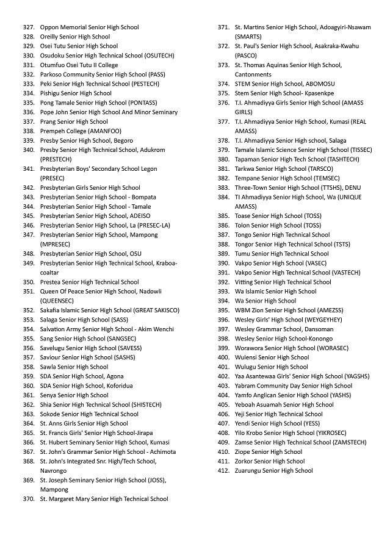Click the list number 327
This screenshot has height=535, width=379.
click(28, 27)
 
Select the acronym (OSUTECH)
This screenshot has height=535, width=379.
click(159, 56)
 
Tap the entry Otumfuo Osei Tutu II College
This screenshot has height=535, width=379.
click(79, 65)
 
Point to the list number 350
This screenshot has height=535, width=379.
click(28, 282)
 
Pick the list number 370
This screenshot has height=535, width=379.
click(28, 499)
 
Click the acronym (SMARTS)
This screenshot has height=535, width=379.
click(248, 37)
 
